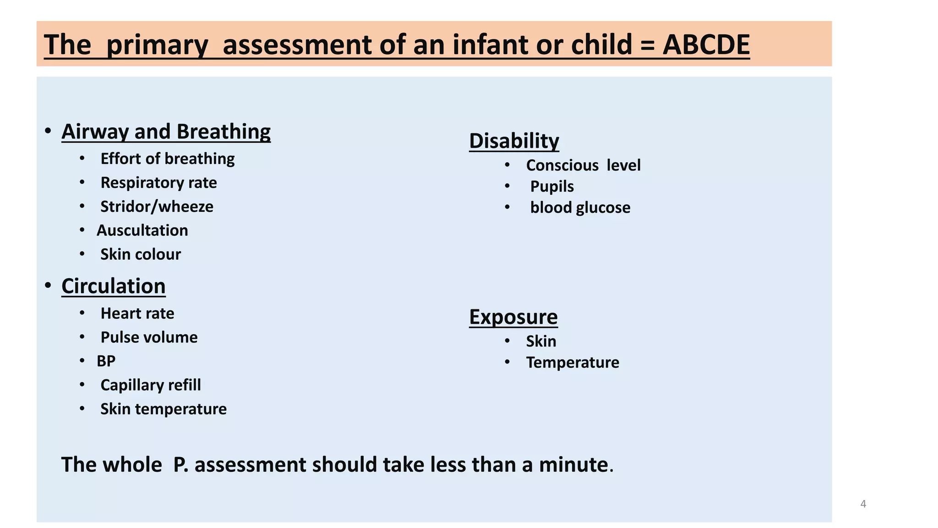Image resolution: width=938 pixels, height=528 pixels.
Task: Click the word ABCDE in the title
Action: point(706,45)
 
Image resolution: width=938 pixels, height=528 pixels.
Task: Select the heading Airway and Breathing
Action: point(166,132)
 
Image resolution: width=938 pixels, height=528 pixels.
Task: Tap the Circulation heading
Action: point(113,286)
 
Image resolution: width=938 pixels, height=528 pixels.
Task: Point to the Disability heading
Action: point(514,141)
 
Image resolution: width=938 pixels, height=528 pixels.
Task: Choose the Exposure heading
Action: point(513,317)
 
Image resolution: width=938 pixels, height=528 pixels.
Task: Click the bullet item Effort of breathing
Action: point(167,159)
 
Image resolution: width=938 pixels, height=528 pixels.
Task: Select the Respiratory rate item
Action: point(158,182)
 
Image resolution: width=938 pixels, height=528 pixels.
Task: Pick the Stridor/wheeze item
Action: point(157,206)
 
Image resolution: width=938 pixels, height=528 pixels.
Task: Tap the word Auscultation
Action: point(142,230)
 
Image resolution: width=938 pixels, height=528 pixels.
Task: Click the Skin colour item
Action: point(141,254)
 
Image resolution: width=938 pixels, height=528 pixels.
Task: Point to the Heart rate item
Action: point(137,313)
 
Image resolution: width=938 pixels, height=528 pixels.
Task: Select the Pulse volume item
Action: point(149,337)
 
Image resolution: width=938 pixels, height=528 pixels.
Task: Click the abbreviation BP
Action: point(106,361)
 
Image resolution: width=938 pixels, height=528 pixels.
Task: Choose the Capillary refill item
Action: point(151,385)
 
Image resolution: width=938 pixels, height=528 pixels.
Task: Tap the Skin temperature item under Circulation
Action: point(164,408)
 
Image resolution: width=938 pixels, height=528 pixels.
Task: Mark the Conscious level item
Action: point(583,165)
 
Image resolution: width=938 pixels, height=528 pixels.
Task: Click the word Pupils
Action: point(552,186)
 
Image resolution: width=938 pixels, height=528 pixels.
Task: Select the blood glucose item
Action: point(580,207)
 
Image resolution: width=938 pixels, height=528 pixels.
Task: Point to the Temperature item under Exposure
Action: point(573,362)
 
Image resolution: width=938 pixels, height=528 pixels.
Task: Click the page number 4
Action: point(863,504)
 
